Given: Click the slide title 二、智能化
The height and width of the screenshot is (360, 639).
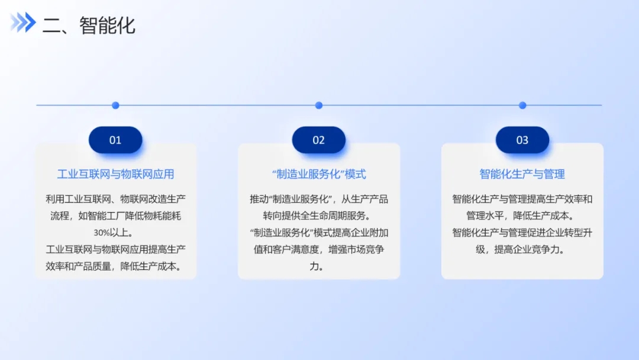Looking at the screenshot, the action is click(88, 25).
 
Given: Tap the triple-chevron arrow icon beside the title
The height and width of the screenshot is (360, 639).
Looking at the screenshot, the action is click(23, 22).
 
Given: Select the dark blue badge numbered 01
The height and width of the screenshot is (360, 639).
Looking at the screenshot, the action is click(115, 140).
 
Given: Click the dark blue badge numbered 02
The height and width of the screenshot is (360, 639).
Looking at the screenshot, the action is click(319, 140).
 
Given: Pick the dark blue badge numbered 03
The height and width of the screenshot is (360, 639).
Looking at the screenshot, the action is click(522, 140).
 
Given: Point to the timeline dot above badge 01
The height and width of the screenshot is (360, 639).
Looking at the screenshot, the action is click(115, 105).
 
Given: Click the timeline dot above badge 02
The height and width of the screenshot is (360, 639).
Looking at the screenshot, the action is click(319, 105).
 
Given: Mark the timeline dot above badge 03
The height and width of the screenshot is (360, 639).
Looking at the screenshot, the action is click(522, 105).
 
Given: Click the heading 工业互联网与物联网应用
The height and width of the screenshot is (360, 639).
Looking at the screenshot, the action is click(115, 174).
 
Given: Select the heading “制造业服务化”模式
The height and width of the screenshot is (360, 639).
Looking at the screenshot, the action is click(319, 174).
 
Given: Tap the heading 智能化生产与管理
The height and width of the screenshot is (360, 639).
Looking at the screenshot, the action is click(522, 174).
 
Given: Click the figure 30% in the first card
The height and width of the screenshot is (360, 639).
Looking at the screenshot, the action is click(102, 233).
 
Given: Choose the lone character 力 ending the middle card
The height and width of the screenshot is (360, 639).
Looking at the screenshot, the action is click(314, 266).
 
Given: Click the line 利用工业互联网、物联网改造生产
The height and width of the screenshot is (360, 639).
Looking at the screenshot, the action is click(115, 199).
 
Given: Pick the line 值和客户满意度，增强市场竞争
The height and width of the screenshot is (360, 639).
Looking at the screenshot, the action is click(319, 249).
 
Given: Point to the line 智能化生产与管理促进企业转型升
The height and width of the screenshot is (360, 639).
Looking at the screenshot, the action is click(522, 232).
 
